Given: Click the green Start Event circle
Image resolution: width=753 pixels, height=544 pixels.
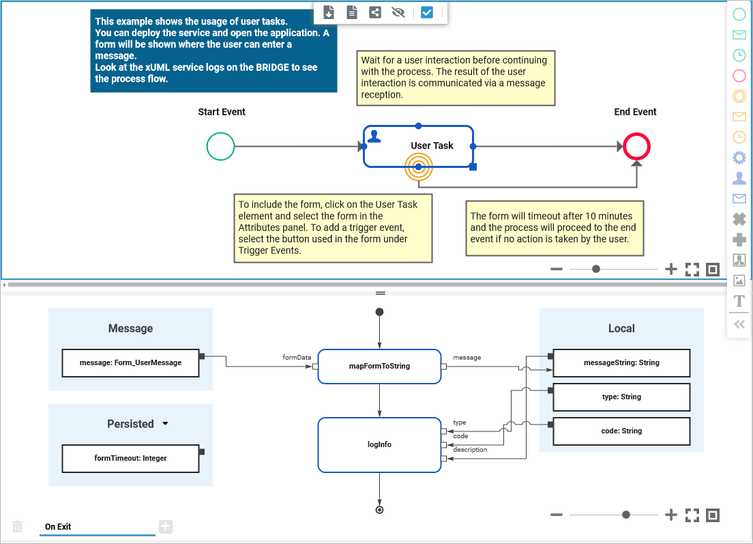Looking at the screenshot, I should pyautogui.click(x=220, y=146).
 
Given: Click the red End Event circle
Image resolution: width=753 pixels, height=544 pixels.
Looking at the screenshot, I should pyautogui.click(x=636, y=146).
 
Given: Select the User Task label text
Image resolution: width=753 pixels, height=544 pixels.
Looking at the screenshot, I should pyautogui.click(x=432, y=145).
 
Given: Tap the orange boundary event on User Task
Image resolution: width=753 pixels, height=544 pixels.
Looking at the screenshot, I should pyautogui.click(x=419, y=167).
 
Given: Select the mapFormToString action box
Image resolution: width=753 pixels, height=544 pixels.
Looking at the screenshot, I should pyautogui.click(x=379, y=366).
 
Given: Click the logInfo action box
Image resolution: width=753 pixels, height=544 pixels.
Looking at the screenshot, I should pyautogui.click(x=379, y=444).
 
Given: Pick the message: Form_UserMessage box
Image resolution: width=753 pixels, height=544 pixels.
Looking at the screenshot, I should pyautogui.click(x=130, y=363).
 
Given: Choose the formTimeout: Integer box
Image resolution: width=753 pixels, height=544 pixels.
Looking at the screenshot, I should pyautogui.click(x=130, y=459).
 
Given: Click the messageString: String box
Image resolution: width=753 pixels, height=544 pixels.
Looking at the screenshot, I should pyautogui.click(x=621, y=363).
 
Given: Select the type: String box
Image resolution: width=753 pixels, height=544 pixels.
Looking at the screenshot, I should pyautogui.click(x=621, y=397).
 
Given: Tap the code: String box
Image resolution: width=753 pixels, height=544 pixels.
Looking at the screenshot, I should pyautogui.click(x=621, y=431).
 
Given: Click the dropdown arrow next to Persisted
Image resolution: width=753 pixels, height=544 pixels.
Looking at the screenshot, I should pyautogui.click(x=165, y=424).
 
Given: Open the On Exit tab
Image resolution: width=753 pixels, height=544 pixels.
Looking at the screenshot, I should pyautogui.click(x=58, y=527).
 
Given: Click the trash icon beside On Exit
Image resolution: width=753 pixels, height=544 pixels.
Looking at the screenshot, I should pyautogui.click(x=18, y=527).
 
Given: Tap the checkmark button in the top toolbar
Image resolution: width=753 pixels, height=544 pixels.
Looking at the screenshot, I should pyautogui.click(x=427, y=12).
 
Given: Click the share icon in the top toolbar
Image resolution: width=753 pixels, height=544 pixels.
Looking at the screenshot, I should pyautogui.click(x=375, y=12).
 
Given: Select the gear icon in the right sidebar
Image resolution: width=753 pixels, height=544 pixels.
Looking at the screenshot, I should pyautogui.click(x=739, y=158).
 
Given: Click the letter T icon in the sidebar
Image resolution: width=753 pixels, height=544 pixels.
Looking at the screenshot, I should pyautogui.click(x=739, y=301).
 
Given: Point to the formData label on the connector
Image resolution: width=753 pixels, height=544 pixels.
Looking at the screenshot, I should pyautogui.click(x=297, y=357).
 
